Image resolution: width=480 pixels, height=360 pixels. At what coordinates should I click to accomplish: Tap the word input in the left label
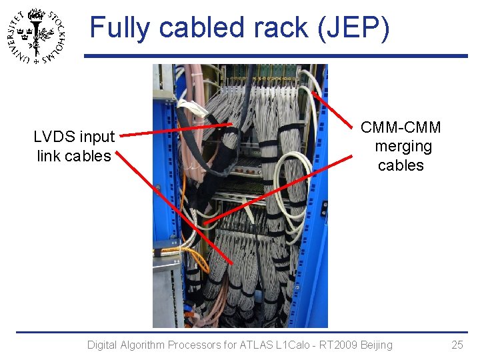pyautogui.click(x=97, y=137)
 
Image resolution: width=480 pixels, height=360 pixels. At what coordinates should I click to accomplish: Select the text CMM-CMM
pyautogui.click(x=401, y=127)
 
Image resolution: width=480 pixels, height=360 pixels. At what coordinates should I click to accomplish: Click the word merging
pyautogui.click(x=403, y=146)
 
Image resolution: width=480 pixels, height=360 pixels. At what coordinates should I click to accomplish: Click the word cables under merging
pyautogui.click(x=401, y=165)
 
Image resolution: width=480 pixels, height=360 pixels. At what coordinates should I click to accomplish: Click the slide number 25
pyautogui.click(x=457, y=345)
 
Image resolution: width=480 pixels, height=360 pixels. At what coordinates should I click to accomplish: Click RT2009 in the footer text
pyautogui.click(x=331, y=345)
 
